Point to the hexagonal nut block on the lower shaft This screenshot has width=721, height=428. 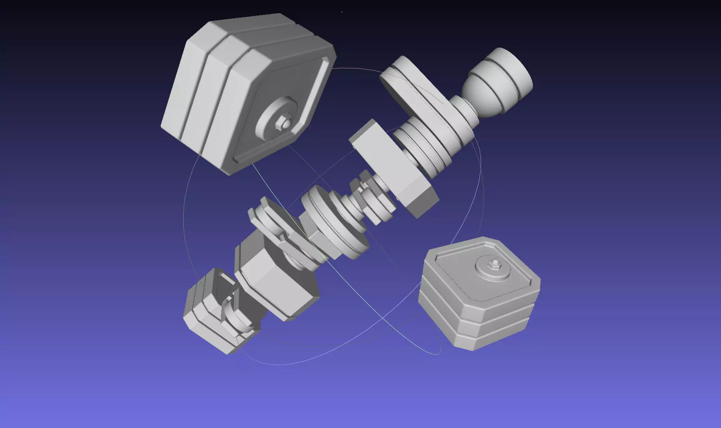pyautogui.click(x=276, y=276)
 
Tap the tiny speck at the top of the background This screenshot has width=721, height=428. pyautogui.click(x=342, y=12)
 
